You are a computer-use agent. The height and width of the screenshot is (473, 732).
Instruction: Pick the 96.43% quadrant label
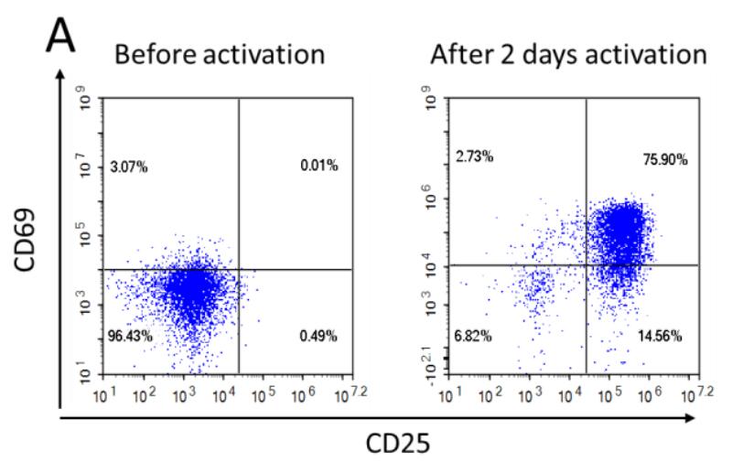point(129,337)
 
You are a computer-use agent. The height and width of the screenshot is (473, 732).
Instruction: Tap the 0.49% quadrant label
point(319,337)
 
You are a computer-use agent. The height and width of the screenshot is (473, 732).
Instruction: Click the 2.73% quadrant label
point(474,157)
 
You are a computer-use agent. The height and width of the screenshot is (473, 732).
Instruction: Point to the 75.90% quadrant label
point(665,161)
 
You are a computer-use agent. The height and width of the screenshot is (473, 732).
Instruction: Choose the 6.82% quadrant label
point(474,337)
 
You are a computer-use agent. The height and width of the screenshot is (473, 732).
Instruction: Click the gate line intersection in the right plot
point(586,265)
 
